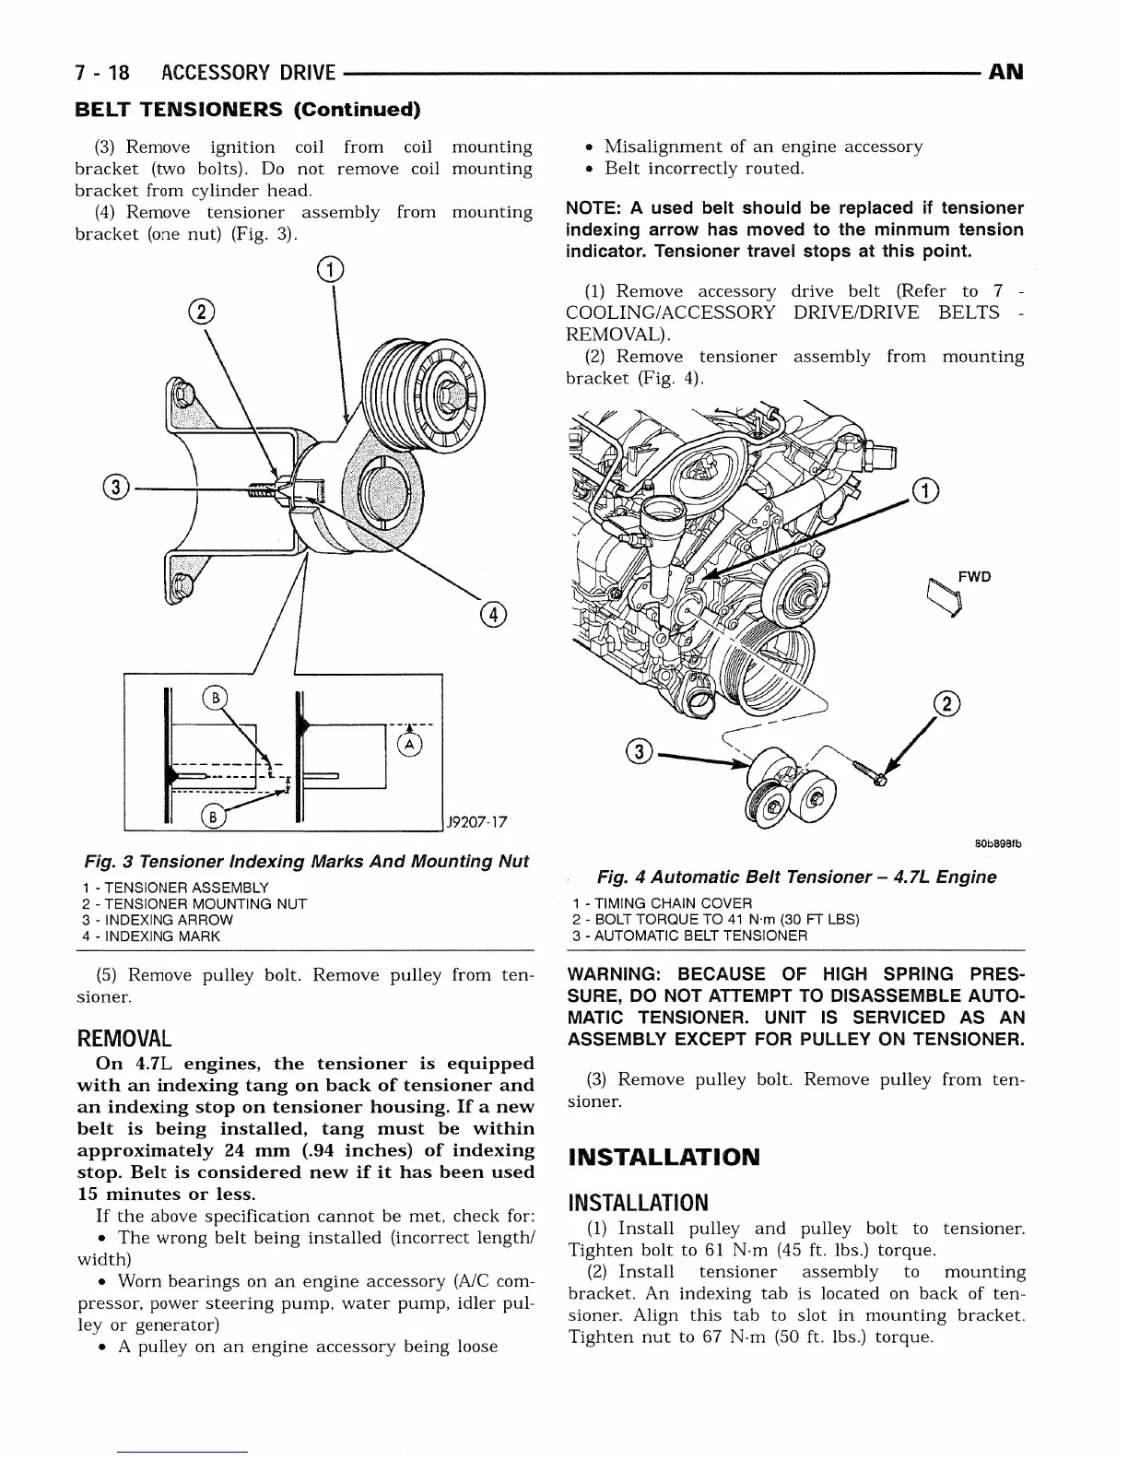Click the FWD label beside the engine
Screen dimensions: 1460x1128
(974, 577)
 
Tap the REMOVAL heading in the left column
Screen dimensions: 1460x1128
(124, 1038)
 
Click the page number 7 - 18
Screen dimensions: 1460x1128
(102, 72)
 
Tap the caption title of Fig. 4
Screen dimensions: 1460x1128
(796, 877)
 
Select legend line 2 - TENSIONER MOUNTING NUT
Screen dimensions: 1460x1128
(194, 903)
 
